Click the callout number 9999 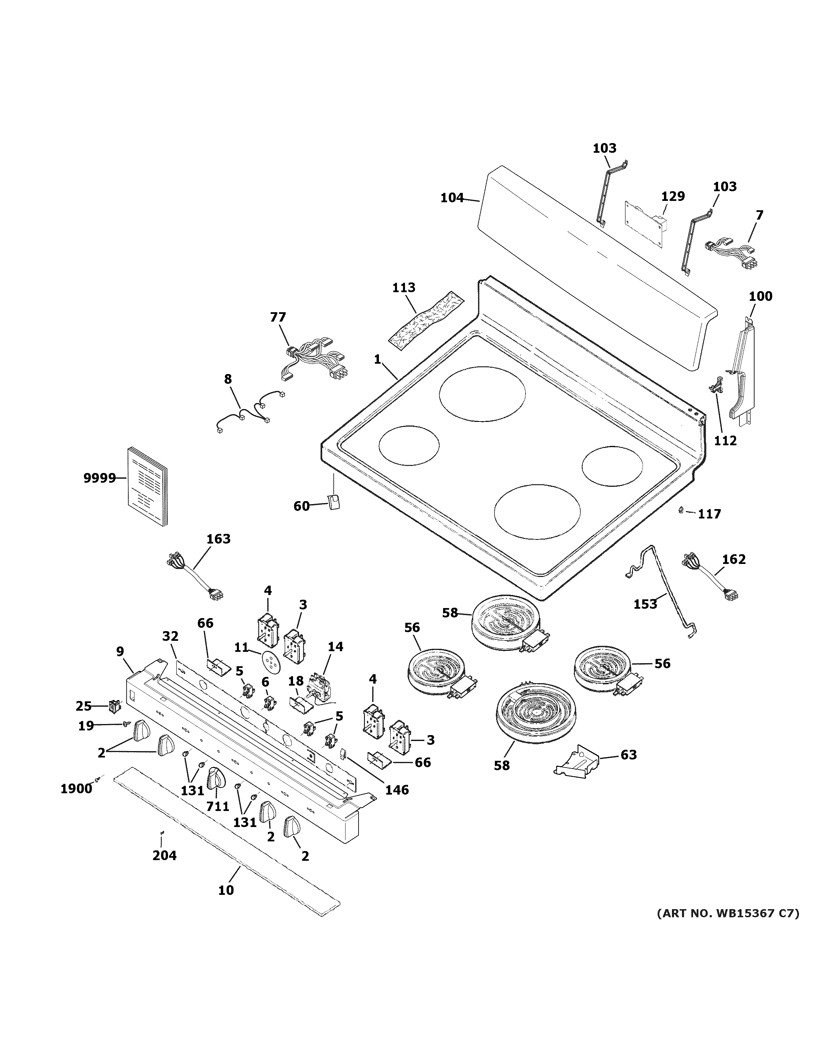[99, 478]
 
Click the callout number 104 [452, 198]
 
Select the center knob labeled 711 [216, 780]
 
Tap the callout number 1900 [76, 789]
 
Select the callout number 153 [646, 604]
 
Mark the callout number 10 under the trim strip [226, 890]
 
